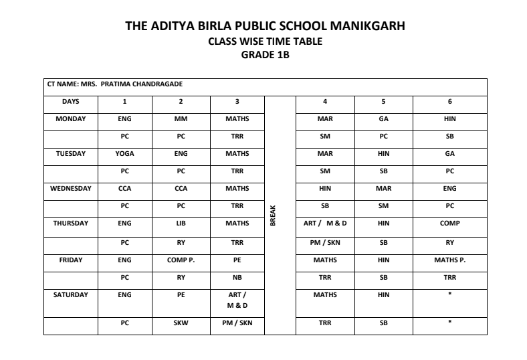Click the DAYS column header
coord(70,102)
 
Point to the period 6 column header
coord(449,102)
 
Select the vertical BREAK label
coord(273,215)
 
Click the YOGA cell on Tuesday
coord(124,154)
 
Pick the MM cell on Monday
coord(181,119)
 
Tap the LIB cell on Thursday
coord(181,223)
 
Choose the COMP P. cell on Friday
coord(181,260)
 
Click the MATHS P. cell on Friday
coord(449,260)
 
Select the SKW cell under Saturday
coord(181,323)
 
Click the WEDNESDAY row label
coord(70,189)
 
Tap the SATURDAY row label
coord(70,294)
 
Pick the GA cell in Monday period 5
coord(383,119)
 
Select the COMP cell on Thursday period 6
coord(449,223)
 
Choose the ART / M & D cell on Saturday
coord(237,300)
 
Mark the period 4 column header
coord(325,102)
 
